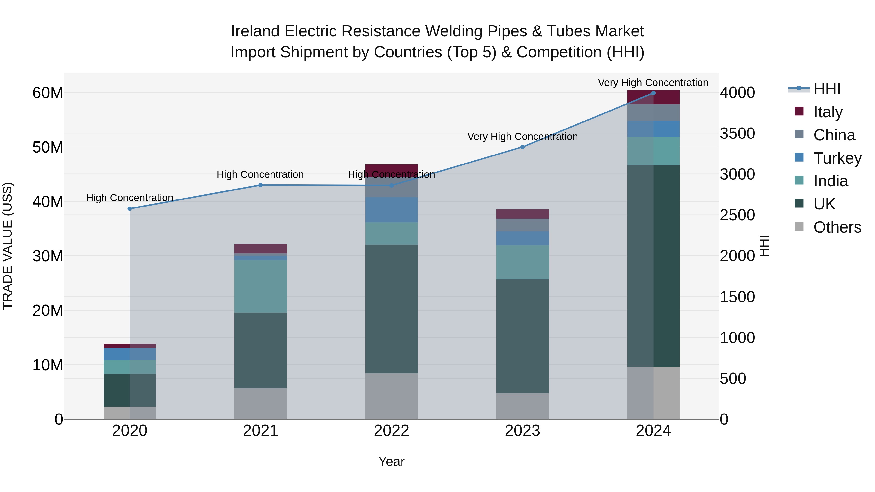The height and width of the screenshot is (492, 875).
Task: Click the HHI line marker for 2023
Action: (x=522, y=147)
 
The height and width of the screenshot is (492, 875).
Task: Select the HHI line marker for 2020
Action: (x=130, y=209)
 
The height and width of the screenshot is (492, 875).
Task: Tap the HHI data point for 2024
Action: (x=653, y=93)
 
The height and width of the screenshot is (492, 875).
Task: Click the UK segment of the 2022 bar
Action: (x=391, y=309)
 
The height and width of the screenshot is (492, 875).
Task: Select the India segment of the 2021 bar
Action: (x=261, y=286)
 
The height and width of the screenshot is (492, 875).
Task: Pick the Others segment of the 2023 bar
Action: (x=522, y=406)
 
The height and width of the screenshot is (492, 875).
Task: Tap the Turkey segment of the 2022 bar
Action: (x=391, y=210)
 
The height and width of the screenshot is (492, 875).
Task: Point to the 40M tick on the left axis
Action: (x=48, y=202)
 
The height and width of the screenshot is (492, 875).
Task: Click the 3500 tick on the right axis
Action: (x=737, y=133)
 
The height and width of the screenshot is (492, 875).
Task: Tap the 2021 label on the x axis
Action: (x=261, y=431)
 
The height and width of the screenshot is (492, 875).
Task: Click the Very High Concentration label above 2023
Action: (x=522, y=137)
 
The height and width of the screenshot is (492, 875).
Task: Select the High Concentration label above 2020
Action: (x=130, y=198)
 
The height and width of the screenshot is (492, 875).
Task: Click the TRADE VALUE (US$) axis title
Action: (x=8, y=246)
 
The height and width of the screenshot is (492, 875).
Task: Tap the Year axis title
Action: (x=391, y=461)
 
